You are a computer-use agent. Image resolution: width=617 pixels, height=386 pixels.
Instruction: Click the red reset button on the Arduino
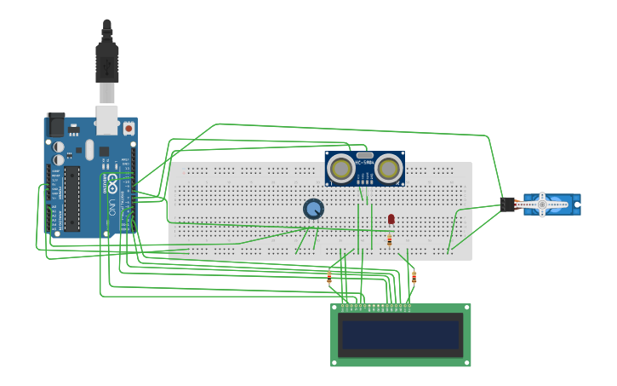click(129, 129)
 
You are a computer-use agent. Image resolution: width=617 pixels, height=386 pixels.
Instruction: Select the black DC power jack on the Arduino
click(55, 125)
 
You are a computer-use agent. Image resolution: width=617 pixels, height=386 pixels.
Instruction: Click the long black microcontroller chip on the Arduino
click(72, 198)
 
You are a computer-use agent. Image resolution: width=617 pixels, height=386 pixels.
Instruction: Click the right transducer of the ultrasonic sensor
click(388, 168)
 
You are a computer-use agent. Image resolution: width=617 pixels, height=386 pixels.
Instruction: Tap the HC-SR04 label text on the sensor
click(364, 163)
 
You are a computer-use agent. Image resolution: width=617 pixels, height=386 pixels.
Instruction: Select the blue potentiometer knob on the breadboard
click(313, 209)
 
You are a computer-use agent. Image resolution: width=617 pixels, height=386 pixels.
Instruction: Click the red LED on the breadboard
click(391, 220)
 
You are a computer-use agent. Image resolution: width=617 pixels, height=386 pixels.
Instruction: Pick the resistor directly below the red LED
click(390, 240)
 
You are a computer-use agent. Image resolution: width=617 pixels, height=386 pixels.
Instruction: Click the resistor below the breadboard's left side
click(329, 276)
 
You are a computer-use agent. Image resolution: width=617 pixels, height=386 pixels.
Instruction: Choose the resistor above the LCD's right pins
click(414, 276)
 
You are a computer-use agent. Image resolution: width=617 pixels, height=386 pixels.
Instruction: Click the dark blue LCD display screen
click(400, 335)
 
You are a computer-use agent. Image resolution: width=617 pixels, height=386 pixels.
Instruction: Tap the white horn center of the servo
click(541, 205)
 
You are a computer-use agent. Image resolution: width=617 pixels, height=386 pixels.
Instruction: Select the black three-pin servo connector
click(508, 205)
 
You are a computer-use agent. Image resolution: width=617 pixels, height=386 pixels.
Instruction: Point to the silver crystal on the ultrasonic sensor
click(365, 155)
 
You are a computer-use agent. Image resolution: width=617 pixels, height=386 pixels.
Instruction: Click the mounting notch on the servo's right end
click(578, 205)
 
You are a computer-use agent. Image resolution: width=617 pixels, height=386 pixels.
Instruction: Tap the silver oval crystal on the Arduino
click(89, 151)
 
